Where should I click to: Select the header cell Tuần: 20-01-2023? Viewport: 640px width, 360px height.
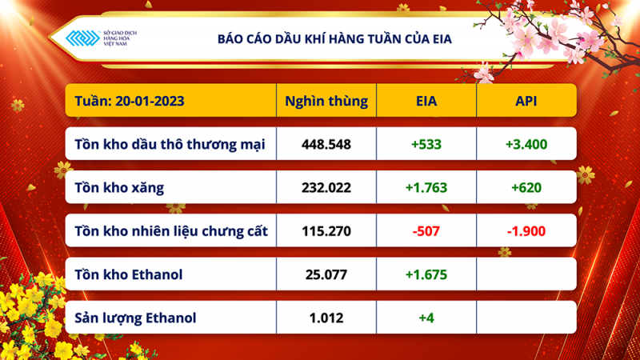coord(128,102)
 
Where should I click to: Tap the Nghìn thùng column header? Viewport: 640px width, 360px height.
coord(326,102)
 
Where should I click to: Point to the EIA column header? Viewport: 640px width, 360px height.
coord(426,102)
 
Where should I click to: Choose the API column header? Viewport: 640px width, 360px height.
coord(526,102)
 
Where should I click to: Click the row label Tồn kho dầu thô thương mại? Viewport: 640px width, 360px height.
coord(169,145)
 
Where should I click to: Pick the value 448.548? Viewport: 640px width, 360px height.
coord(326,145)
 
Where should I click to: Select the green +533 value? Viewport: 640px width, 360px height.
coord(426,145)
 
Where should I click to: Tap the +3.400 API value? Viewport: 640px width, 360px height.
coord(526,145)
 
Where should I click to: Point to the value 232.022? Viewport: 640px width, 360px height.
coord(326,188)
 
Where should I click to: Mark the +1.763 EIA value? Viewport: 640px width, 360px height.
coord(426,188)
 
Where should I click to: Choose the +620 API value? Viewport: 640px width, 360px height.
coord(526,188)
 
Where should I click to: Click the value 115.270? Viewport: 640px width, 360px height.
coord(326,232)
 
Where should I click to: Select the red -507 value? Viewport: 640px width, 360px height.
coord(426,232)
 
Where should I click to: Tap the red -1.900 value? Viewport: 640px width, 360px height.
coord(526,232)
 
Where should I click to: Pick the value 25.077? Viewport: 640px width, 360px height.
coord(326,275)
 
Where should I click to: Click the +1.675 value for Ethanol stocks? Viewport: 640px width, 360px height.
coord(426,275)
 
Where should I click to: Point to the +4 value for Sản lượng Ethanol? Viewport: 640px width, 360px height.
coord(426,318)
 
